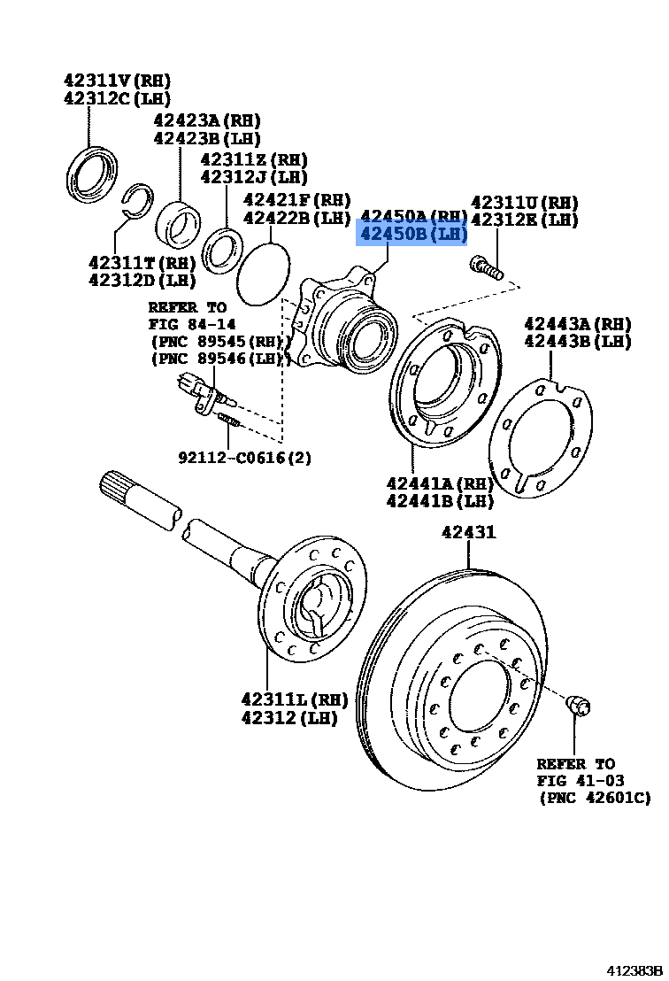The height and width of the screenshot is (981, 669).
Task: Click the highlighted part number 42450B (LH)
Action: [x=411, y=235]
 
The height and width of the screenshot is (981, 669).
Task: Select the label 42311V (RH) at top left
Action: [x=117, y=79]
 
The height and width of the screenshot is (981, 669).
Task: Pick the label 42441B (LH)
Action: [x=439, y=501]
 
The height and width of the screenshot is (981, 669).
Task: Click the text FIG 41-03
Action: [x=580, y=780]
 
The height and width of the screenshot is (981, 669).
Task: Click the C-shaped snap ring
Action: [x=137, y=202]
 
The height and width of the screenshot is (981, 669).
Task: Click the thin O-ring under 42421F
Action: [x=264, y=274]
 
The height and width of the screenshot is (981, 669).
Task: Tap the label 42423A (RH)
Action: [x=206, y=120]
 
